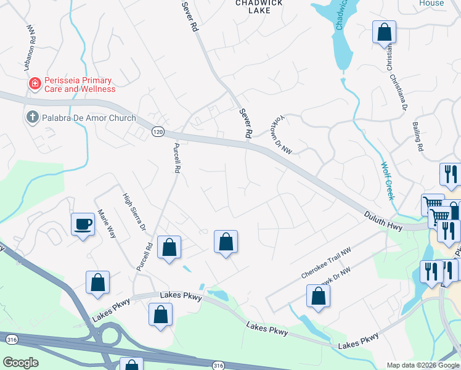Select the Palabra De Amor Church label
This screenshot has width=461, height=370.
pyautogui.click(x=80, y=118)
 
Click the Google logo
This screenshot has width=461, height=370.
pyautogui.click(x=20, y=363)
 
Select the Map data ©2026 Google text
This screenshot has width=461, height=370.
pyautogui.click(x=422, y=365)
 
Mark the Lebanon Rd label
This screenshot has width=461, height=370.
pyautogui.click(x=31, y=42)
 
